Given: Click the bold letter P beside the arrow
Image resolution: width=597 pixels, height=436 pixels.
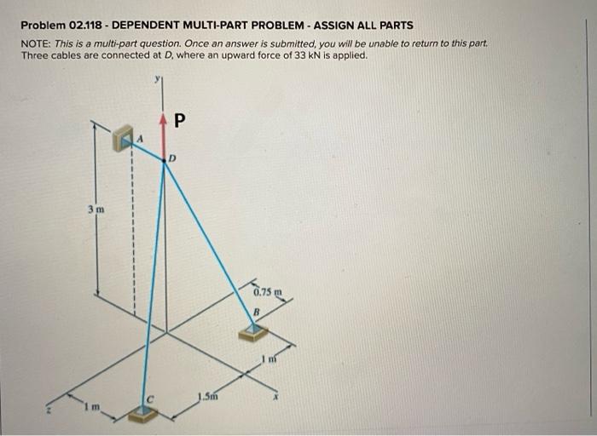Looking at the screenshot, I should (178, 120).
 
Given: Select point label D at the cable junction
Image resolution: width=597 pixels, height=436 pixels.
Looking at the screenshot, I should (172, 158).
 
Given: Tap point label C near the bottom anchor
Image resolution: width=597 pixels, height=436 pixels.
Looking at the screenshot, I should (148, 395).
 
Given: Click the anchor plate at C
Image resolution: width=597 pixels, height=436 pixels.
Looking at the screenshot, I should (142, 414).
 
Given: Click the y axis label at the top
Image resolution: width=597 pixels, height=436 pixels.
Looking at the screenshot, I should (157, 79).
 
